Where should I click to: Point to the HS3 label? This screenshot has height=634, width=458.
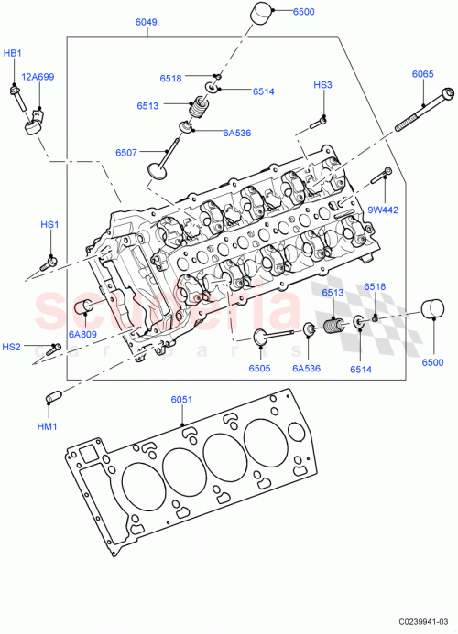point(322,85)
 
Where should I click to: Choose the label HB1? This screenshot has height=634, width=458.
point(12,54)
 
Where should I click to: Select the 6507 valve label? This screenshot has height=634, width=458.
point(127,152)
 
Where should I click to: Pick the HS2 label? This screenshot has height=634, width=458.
point(11,347)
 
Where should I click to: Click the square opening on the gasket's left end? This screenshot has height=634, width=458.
point(89,455)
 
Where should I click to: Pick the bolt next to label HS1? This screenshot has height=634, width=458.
point(50,261)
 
